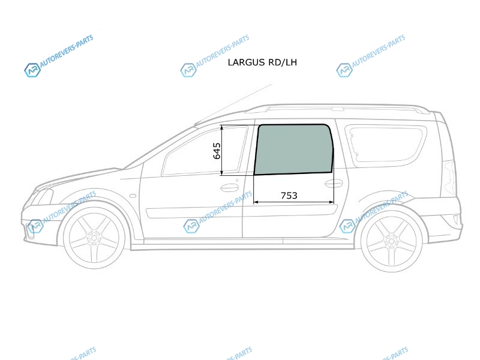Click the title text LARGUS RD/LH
262,62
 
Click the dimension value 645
217,151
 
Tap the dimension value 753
289,196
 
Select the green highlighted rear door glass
293,149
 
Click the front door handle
229,187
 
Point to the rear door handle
334,184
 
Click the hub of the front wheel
94,237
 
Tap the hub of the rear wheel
392,241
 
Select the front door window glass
205,152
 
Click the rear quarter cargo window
386,144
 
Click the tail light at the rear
449,178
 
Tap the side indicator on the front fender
133,196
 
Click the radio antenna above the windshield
233,104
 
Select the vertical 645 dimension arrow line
222,151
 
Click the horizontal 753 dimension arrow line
293,202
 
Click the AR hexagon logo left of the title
188,70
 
